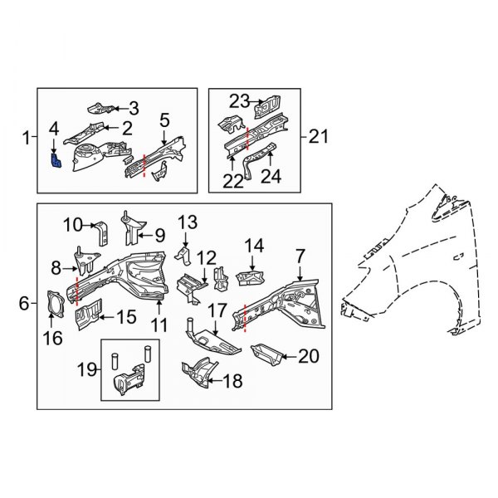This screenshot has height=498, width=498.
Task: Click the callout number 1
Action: pos(26,135)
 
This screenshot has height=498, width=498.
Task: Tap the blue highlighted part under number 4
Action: pos(56,159)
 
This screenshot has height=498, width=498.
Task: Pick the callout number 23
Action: pos(239,100)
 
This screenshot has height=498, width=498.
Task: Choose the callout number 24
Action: pos(271,176)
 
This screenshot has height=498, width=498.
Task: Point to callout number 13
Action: pos(188,222)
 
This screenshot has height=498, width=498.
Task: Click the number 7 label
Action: pos(300,253)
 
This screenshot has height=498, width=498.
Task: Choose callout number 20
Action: pos(308,357)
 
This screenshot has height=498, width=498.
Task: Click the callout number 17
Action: pos(217,311)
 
